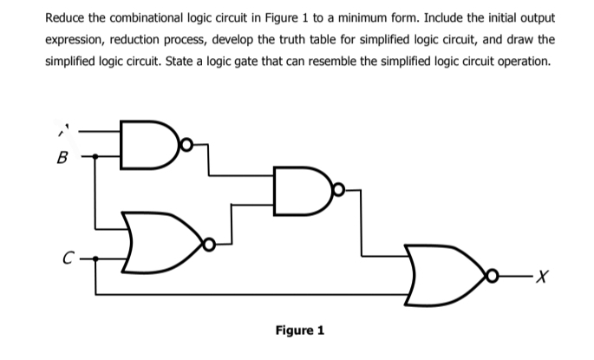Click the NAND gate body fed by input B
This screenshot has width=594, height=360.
click(x=140, y=143)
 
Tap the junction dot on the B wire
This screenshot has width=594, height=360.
click(x=95, y=158)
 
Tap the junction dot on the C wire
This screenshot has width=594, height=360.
click(x=95, y=258)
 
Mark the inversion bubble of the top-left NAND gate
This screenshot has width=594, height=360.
click(x=177, y=143)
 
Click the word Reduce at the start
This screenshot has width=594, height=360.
click(x=67, y=17)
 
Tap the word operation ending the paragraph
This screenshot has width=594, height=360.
click(x=524, y=62)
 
